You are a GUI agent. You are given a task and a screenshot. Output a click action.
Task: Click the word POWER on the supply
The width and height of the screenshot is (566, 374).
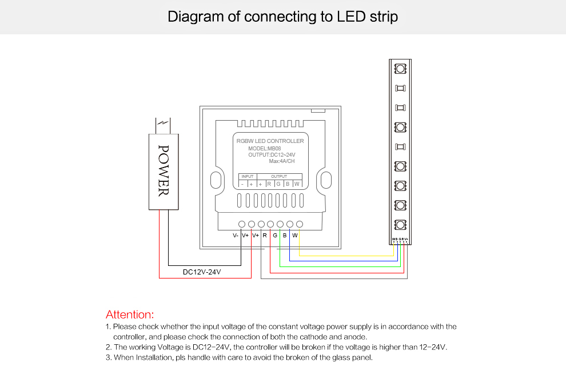164,170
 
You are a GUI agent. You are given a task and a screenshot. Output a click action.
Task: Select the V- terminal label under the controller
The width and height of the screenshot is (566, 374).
235,236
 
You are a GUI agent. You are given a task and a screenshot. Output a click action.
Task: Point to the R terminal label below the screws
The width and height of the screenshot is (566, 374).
265,236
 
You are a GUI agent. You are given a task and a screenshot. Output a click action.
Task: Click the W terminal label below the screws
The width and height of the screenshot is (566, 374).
295,236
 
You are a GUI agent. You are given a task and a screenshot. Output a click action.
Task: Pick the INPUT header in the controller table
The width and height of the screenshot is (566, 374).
248,177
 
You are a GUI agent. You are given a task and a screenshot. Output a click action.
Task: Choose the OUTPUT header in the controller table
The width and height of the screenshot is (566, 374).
279,177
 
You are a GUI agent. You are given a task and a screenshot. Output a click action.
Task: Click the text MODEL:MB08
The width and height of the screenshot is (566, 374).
265,148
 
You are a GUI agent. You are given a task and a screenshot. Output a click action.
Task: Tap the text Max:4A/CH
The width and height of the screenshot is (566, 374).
282,161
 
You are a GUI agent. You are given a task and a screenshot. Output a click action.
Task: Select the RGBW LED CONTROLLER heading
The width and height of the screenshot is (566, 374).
270,141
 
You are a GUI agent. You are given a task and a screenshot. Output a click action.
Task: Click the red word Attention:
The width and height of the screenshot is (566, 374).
130,315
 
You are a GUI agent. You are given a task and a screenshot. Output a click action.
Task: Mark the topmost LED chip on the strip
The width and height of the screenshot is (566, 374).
401,69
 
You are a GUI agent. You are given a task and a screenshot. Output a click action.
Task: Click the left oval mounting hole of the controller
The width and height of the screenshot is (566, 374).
216,180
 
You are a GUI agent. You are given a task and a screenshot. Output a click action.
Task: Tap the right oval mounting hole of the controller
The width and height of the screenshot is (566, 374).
325,180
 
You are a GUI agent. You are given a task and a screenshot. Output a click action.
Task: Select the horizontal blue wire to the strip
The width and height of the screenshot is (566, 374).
343,261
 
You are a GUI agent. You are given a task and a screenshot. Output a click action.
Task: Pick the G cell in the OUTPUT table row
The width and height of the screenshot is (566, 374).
278,184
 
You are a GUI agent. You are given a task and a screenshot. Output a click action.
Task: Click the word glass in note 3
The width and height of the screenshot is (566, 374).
340,358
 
